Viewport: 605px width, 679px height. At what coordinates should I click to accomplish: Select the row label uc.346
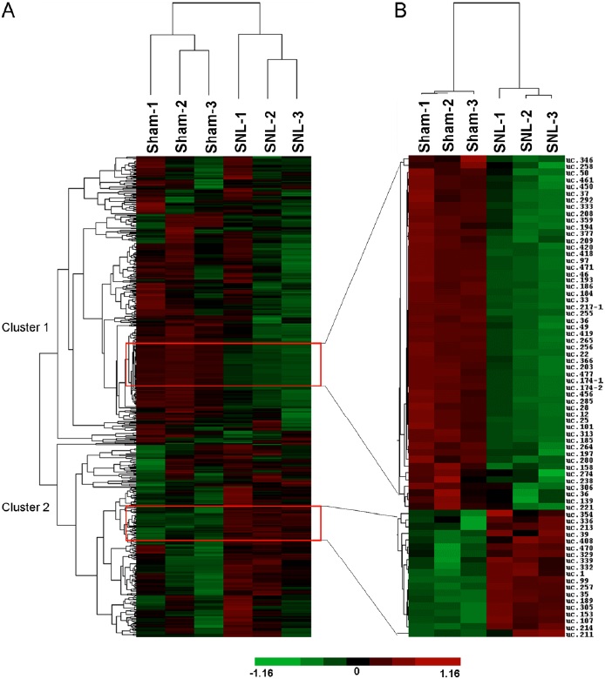pyautogui.click(x=578, y=161)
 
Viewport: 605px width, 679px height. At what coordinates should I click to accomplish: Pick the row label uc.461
pyautogui.click(x=578, y=180)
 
